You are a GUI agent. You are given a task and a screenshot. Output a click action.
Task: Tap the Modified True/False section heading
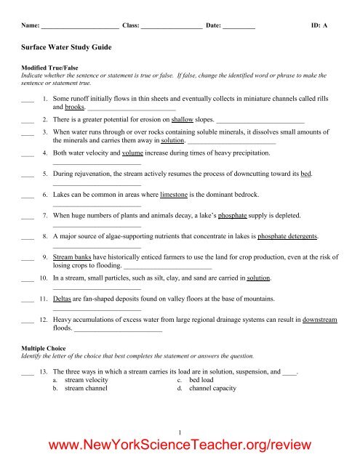45,76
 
